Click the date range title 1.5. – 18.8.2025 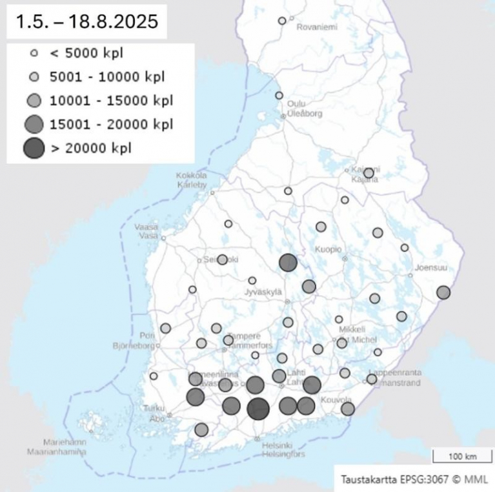coord(87,21)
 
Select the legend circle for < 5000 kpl coord(34,54)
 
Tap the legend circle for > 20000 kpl coord(34,148)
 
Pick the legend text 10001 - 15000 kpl coord(111,100)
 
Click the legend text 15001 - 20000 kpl coord(111,124)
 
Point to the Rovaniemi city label coord(318,28)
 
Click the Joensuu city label coord(430,267)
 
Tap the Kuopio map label coord(327,249)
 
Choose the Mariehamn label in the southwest coord(63,443)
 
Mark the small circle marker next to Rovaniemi coord(282,21)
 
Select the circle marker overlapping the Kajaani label coord(369,173)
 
